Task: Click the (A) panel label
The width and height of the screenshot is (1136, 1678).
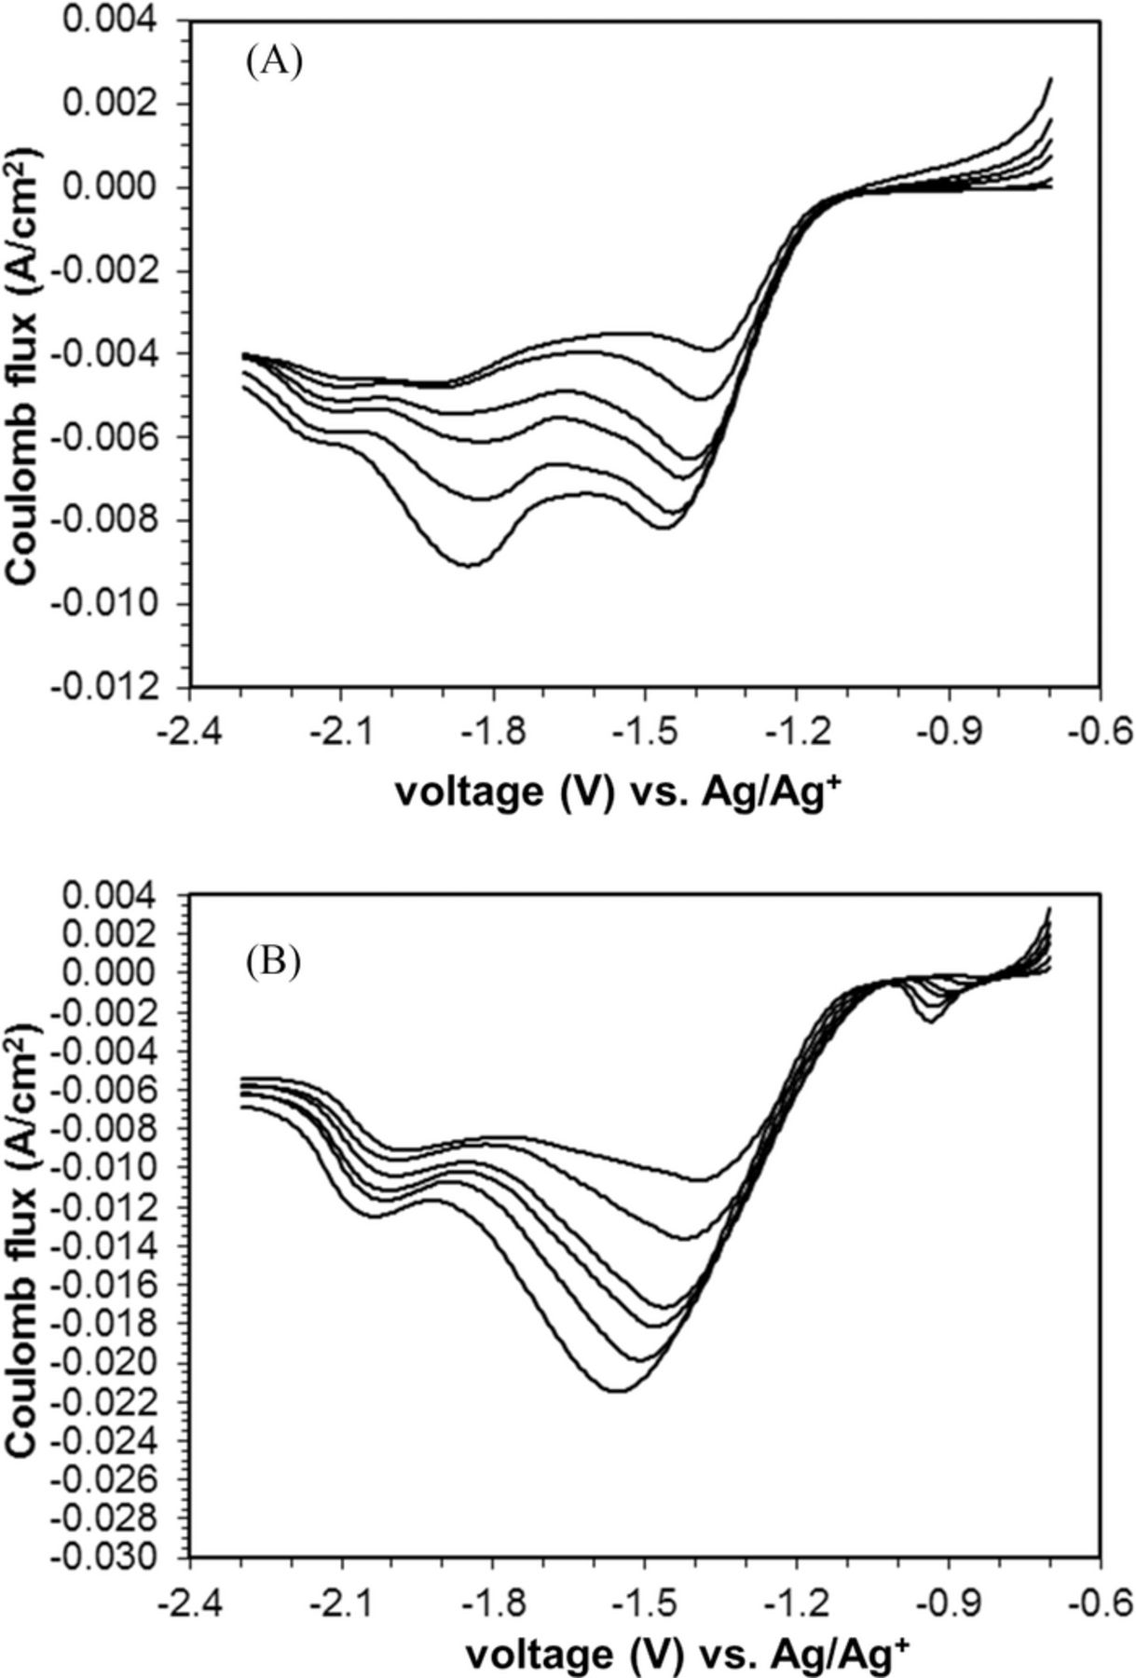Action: [274, 62]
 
